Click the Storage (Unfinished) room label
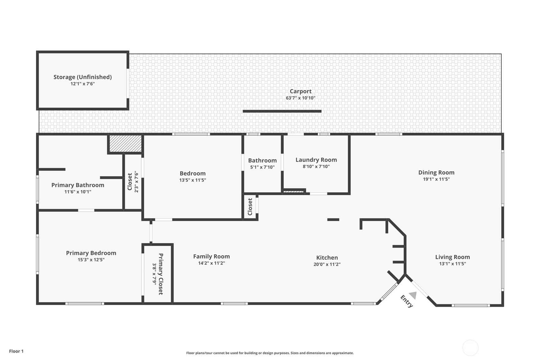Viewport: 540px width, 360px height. [82, 77]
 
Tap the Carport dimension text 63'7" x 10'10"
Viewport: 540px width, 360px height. [300, 98]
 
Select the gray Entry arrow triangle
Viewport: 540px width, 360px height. [413, 295]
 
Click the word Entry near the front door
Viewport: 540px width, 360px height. [406, 301]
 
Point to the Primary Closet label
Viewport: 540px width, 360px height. [161, 274]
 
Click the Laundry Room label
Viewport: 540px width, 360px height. [316, 160]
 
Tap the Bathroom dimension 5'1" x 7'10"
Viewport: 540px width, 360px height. [262, 167]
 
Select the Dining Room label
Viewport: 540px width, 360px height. [436, 173]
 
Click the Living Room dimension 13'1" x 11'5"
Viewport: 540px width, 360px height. [452, 264]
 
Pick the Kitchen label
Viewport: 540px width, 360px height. [327, 258]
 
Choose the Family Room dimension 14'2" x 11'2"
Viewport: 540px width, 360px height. [211, 263]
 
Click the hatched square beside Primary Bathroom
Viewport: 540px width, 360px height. [125, 144]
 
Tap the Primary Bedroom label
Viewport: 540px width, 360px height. [91, 253]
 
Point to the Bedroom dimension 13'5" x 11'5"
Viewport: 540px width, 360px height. [193, 180]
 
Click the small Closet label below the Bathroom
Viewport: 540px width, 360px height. [250, 207]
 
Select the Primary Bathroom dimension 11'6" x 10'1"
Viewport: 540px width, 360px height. [78, 192]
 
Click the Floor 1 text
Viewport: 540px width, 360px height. [16, 351]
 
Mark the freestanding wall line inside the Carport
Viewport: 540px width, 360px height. [282, 111]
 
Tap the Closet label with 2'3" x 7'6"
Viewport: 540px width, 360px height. [130, 182]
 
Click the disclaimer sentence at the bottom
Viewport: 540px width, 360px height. [270, 353]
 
